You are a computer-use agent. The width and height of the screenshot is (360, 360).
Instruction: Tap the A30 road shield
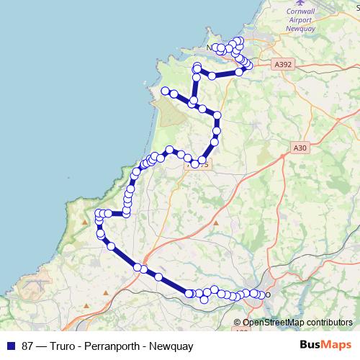(x=300, y=148)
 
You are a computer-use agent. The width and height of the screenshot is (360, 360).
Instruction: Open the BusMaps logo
(x=325, y=346)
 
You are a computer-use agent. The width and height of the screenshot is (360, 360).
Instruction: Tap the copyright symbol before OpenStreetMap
(x=237, y=323)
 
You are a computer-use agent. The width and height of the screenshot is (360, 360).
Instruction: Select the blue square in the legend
(x=11, y=346)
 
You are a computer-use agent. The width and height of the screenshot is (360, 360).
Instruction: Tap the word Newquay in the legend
(x=171, y=346)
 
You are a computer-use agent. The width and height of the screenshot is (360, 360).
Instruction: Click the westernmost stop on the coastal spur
(x=165, y=91)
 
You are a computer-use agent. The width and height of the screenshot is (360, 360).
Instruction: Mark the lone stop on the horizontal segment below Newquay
(x=213, y=75)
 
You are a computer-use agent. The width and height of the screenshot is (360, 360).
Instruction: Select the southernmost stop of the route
(x=204, y=299)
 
